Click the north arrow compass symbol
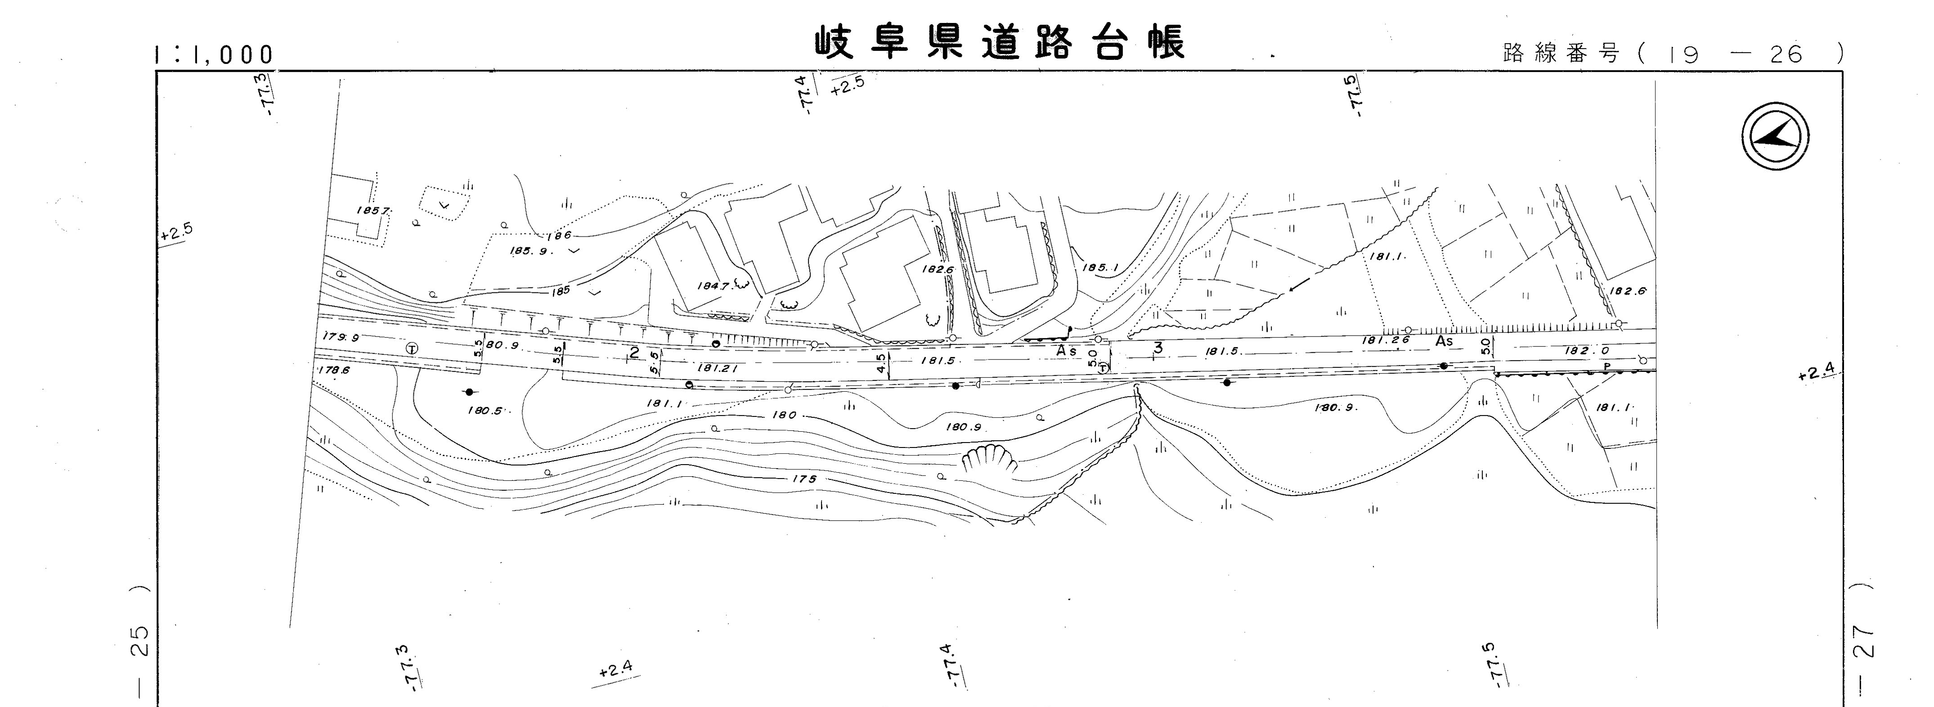1775,136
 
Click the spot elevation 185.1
1100,266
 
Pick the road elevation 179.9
340,338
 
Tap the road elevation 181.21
717,368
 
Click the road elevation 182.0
1586,350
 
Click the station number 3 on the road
1158,348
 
